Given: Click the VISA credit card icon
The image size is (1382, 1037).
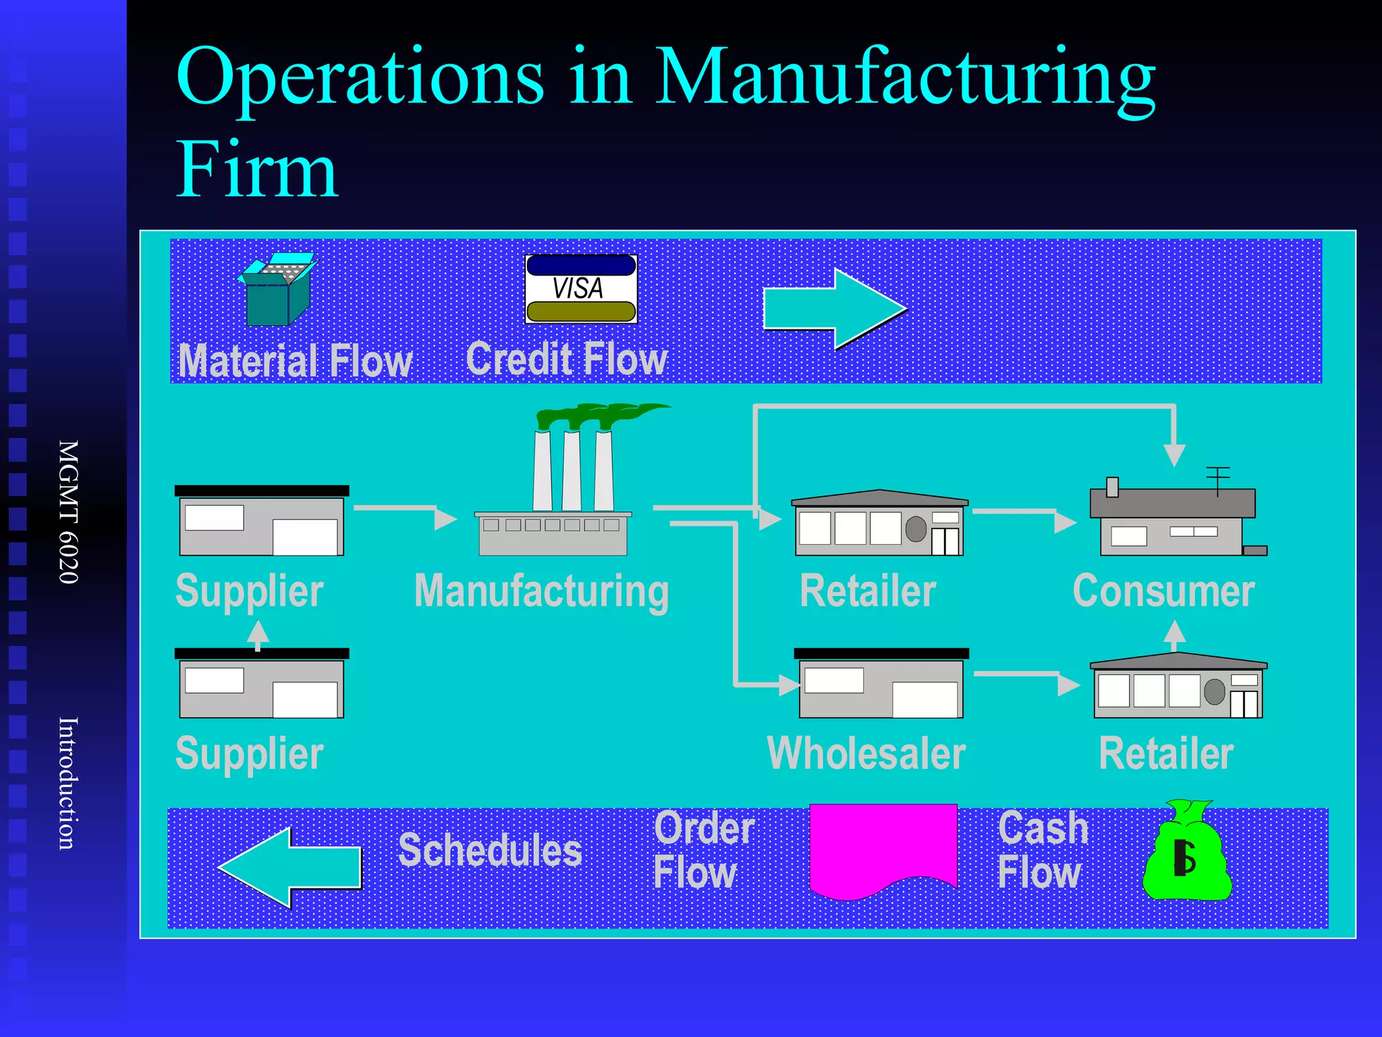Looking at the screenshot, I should coord(581,288).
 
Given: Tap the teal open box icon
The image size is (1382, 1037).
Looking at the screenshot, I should coord(276,290).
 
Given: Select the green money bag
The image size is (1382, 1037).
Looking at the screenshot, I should coord(1187,853).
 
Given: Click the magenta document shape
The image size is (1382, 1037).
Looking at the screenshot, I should coord(883,848).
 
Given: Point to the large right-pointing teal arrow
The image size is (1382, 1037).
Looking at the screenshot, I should coord(834,309).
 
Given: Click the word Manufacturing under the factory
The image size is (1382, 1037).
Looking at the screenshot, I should coord(541,592).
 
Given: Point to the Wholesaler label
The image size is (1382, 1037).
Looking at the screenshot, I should coord(866,753).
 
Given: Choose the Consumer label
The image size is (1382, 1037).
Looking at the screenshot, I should coord(1163,591).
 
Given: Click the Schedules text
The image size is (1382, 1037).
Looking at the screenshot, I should coord(490,850).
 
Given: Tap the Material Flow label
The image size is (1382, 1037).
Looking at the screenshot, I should coord(295,361).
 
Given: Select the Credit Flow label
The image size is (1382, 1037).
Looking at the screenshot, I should coord(566,358).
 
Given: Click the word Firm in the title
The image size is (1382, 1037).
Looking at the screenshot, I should coord(256,169).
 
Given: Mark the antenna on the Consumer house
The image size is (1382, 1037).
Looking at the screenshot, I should coord(1218,479).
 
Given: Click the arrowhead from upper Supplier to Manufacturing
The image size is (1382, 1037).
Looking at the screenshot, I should coord(445,518).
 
